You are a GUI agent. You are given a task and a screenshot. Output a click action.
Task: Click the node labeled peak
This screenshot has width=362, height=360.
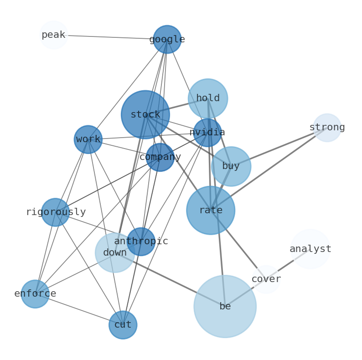pos(54,35)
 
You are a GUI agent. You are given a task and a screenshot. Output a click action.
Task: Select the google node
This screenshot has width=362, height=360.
pos(167,39)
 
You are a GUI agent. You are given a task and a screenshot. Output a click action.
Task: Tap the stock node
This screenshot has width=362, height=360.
pos(145,114)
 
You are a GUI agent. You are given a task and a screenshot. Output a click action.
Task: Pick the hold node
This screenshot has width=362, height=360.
pos(207,98)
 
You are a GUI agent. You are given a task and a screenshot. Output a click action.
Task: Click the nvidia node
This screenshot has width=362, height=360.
pos(207,133)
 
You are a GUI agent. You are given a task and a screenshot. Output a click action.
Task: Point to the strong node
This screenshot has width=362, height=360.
pos(327,128)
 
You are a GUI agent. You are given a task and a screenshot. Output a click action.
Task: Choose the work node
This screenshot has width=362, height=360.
pos(88,139)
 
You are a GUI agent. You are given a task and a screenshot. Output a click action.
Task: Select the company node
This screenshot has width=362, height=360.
pos(160,157)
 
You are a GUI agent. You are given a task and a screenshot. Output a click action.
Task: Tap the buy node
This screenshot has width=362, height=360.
pos(231,166)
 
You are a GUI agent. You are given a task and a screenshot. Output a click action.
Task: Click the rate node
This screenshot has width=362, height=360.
pos(211,211)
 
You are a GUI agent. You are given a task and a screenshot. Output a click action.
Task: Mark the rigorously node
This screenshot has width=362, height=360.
pos(56,212)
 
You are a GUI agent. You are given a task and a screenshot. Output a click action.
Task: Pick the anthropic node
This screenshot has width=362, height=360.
pos(141,242)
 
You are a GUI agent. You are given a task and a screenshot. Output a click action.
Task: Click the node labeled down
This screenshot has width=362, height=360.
pos(114,253)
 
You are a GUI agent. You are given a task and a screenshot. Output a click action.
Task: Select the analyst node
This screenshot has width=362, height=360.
pos(310,249)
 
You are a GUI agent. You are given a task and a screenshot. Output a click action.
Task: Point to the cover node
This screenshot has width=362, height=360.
pos(266,279)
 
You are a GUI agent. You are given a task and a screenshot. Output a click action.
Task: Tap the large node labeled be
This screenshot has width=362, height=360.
pos(225,306)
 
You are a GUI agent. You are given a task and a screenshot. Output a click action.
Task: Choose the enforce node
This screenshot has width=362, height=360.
pos(35,294)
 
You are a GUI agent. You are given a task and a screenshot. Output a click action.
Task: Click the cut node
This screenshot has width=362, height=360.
pos(123,325)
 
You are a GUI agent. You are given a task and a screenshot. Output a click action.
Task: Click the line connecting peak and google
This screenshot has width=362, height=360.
pos(109,37)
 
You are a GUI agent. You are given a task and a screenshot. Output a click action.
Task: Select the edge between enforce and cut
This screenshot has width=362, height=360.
pos(78,309)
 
